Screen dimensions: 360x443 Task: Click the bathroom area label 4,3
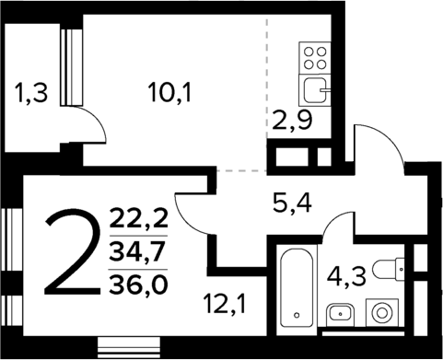pos(344,273)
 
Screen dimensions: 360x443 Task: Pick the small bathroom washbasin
pos(341,312)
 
